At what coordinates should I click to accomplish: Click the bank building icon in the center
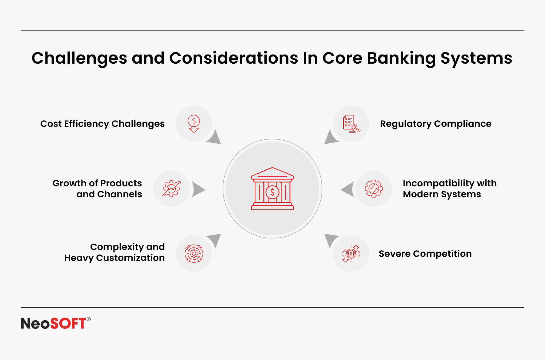coord(272,188)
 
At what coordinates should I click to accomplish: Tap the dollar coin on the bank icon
coord(272,192)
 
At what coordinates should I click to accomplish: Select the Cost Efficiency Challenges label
coord(102,124)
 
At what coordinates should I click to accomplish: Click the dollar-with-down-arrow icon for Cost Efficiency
coord(194,124)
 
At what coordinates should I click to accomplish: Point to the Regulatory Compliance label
coord(436,124)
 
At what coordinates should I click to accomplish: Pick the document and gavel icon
coord(351,124)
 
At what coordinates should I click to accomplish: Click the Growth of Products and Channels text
coord(97,188)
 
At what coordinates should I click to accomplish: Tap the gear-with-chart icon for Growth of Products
coord(171,188)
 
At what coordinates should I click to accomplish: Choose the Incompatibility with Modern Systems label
coord(450,188)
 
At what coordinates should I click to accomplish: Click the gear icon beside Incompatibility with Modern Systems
coord(374,188)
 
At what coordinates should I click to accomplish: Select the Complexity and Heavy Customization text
coord(114,252)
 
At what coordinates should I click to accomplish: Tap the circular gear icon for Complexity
coord(194,253)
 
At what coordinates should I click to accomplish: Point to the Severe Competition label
coord(425,254)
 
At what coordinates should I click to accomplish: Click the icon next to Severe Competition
coord(351,253)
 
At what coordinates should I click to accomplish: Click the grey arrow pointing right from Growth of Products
coord(198,190)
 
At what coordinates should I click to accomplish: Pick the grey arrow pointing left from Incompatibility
coord(348,189)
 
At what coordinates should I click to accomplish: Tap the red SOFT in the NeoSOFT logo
coord(68,323)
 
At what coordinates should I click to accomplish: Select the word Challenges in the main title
coord(79,58)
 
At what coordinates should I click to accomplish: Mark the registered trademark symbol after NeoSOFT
coord(89,319)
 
